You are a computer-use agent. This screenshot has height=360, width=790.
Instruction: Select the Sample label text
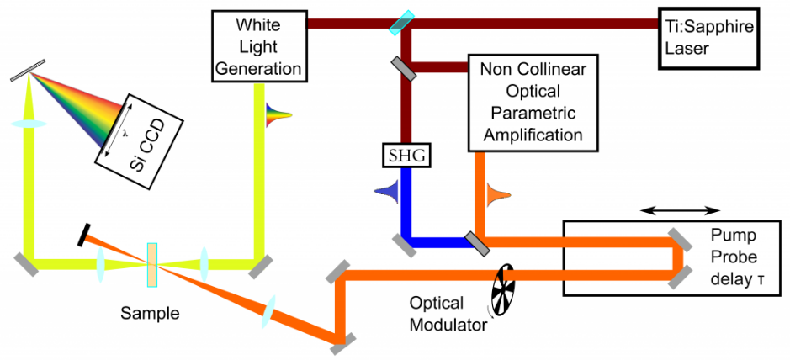(x=151, y=314)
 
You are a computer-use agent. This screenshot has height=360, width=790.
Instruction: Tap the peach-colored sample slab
(x=152, y=264)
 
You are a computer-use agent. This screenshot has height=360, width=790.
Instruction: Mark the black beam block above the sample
(x=85, y=234)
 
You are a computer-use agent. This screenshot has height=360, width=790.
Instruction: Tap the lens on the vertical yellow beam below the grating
(x=29, y=124)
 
